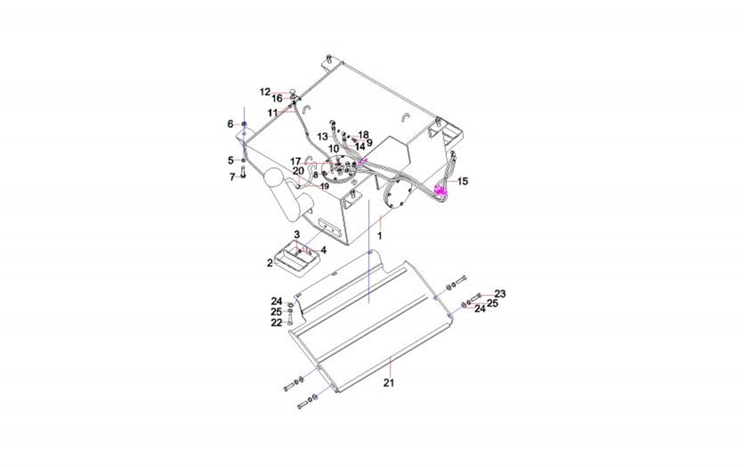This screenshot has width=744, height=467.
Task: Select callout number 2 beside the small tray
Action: (270, 263)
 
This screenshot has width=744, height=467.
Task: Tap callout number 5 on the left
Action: (231, 160)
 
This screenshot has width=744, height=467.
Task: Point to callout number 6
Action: (230, 124)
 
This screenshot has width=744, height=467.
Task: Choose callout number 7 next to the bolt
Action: (232, 177)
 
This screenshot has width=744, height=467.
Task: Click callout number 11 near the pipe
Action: (273, 113)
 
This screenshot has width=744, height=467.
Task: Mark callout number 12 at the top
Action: (265, 92)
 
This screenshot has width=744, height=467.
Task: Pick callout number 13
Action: (323, 136)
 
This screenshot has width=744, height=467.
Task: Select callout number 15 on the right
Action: (463, 182)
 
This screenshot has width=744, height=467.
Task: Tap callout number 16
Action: (277, 99)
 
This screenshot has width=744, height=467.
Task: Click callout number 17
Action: (295, 161)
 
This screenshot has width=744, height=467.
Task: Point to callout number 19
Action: (324, 186)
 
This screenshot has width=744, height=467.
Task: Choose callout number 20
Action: (298, 170)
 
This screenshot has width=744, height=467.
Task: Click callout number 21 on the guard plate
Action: (388, 383)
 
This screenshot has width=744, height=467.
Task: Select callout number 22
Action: (276, 323)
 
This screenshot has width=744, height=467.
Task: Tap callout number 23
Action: (500, 294)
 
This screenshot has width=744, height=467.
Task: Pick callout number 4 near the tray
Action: (323, 250)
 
